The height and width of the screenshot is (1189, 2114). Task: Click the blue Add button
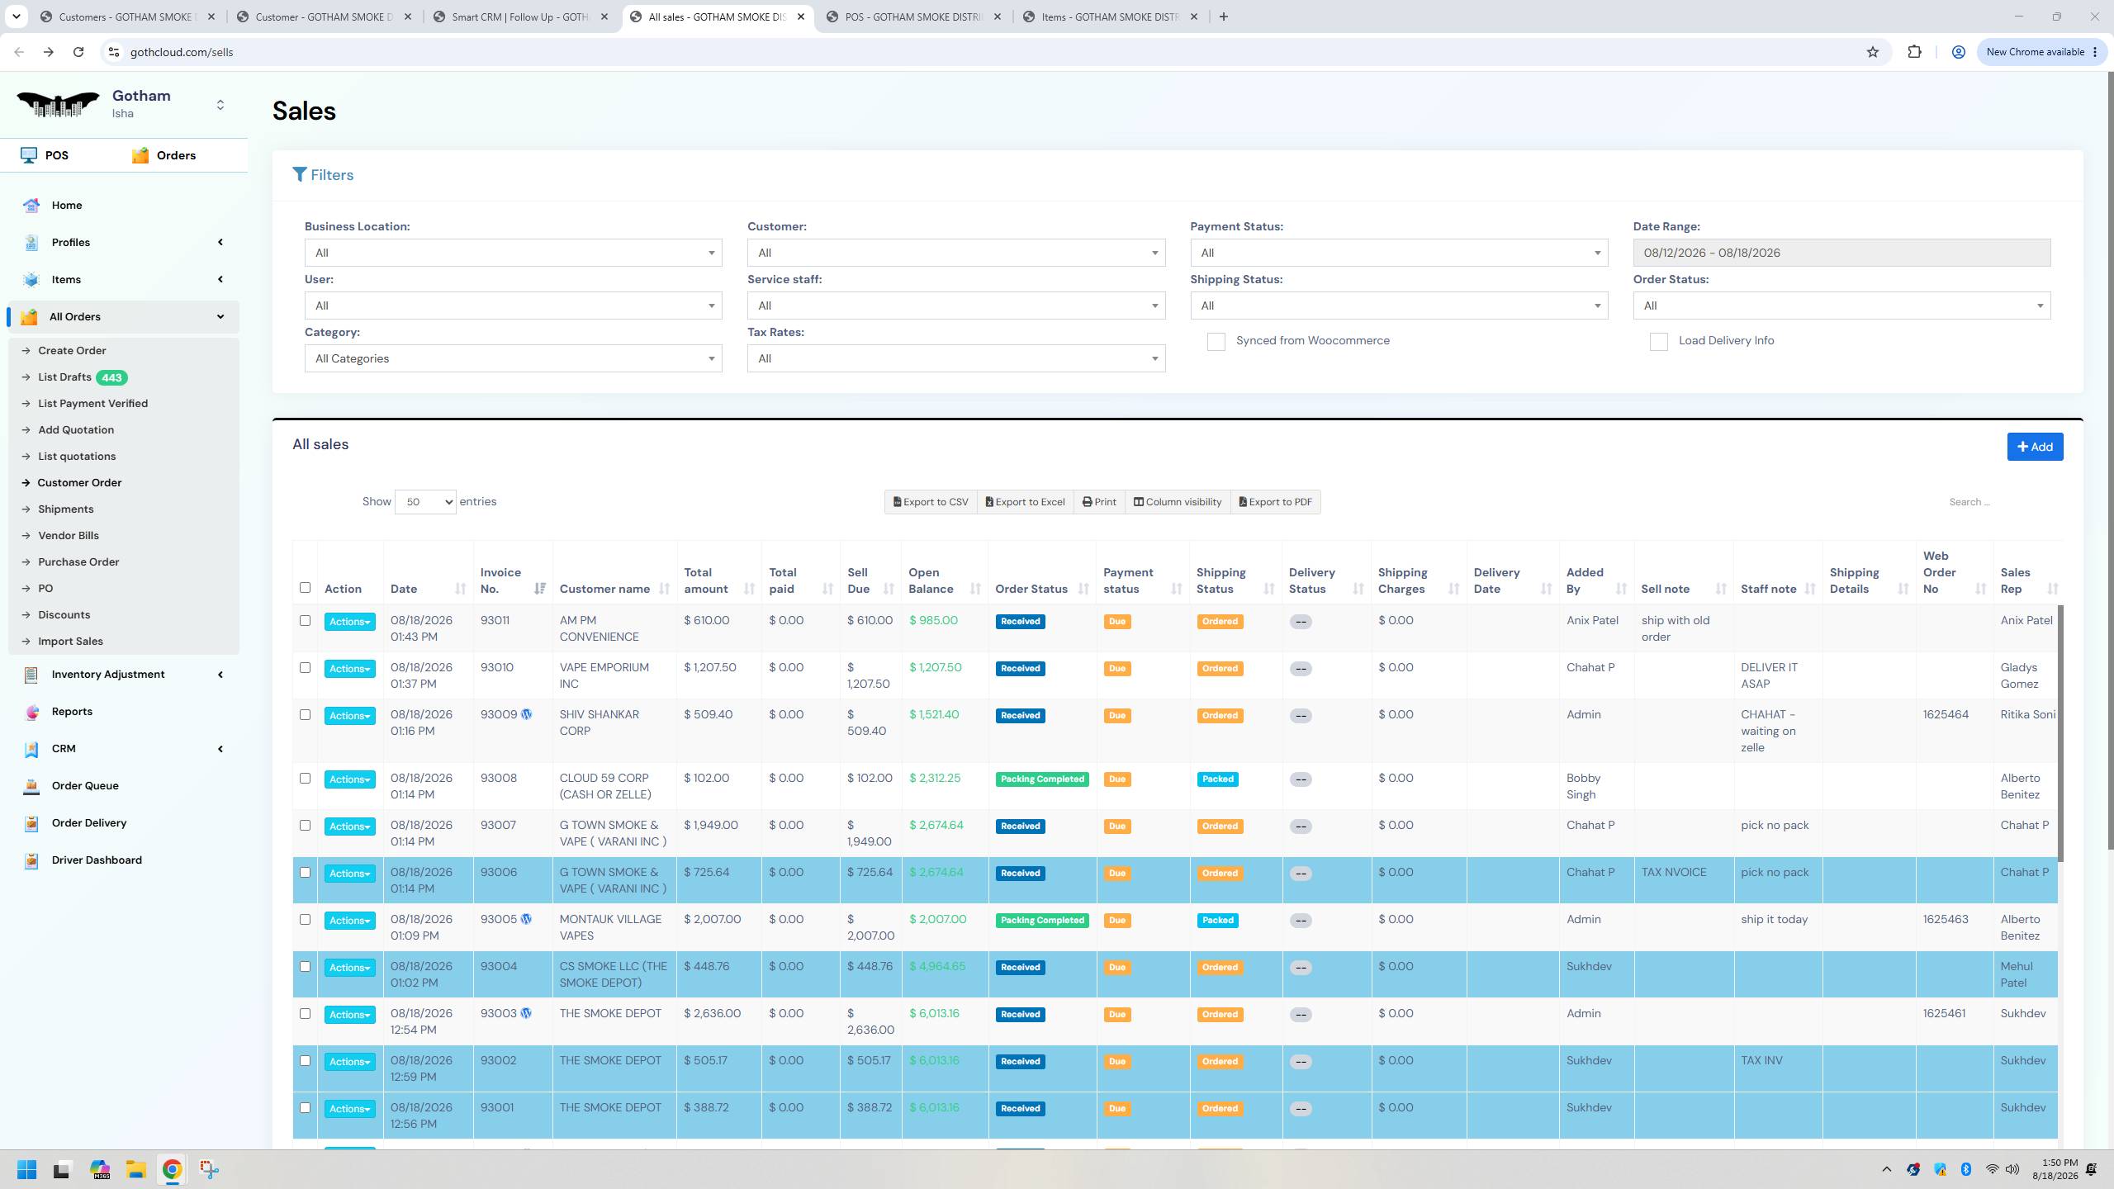2035,447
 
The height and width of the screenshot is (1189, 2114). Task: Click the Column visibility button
1177,502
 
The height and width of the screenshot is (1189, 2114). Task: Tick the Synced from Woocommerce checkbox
1216,342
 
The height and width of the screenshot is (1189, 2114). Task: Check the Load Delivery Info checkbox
1658,342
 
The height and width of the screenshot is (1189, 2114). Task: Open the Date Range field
1841,253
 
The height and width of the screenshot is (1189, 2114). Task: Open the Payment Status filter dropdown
1399,253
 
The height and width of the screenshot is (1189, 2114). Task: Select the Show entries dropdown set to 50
425,502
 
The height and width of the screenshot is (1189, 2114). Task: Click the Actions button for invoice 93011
349,622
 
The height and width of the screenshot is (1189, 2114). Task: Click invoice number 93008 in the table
499,778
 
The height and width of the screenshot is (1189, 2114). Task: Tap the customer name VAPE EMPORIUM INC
604,675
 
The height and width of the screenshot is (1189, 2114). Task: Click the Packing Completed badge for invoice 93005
1042,920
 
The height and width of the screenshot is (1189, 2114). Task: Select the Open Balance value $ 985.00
933,620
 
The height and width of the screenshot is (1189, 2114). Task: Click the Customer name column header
604,589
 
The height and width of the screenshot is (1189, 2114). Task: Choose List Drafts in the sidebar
64,377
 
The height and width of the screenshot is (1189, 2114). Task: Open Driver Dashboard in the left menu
97,860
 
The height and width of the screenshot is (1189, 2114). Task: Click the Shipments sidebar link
66,509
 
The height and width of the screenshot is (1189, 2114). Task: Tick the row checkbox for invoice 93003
305,1014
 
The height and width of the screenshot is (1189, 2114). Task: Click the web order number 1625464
1946,714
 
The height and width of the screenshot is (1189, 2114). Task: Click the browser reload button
78,52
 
